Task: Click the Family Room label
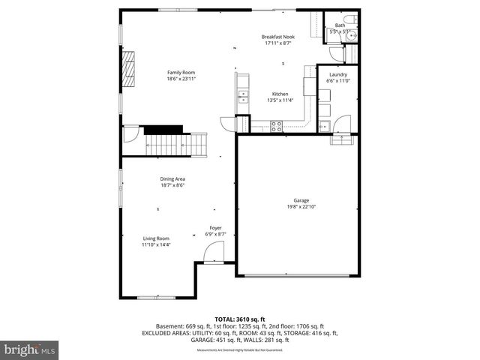[180, 72]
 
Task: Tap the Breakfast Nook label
[277, 37]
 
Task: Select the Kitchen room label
[280, 94]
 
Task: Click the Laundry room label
[337, 74]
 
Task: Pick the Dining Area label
[172, 178]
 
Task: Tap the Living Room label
[157, 238]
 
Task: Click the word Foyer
[215, 228]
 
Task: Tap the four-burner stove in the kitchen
[277, 125]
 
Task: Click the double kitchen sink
[242, 95]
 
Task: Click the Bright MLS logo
[30, 349]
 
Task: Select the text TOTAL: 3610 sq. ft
[239, 319]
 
